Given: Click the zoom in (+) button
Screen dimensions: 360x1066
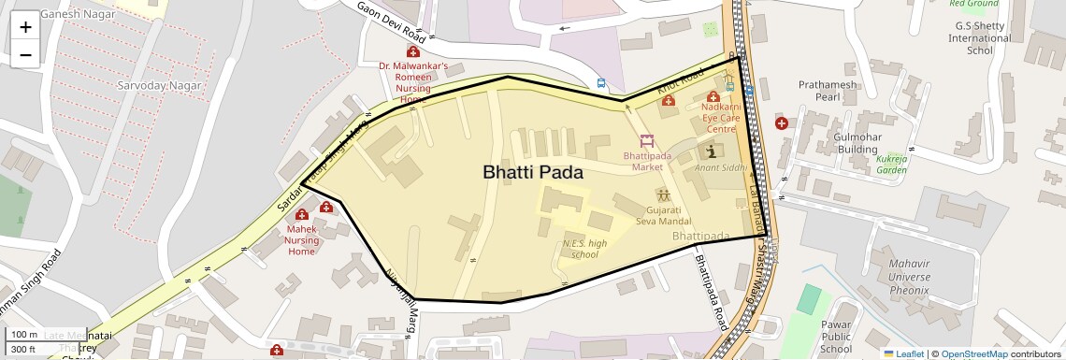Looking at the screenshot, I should point(25,27).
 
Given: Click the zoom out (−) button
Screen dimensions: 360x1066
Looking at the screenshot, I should point(25,55).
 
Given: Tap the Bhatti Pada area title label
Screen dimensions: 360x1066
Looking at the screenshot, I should point(532,173).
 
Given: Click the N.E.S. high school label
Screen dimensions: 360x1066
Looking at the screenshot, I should point(584,249).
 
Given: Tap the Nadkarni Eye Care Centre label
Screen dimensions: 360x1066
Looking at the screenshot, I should point(720,119).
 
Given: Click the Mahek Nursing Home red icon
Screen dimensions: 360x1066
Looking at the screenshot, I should point(302,216).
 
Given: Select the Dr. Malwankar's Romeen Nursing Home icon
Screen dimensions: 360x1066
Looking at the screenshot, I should point(412,52).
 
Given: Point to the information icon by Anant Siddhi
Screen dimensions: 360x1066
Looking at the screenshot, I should point(713,151).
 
